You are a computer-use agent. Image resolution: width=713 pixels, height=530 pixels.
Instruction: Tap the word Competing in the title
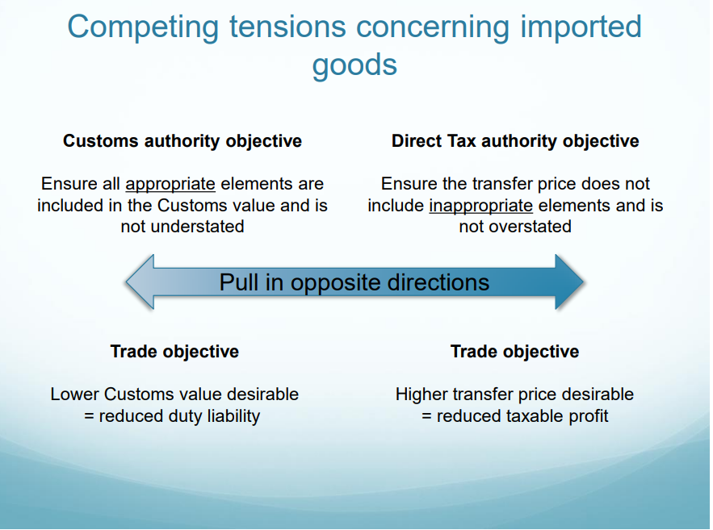pos(143,27)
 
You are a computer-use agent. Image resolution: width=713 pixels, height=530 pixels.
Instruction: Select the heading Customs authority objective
pos(182,141)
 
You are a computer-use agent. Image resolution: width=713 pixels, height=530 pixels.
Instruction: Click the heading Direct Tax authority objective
pos(515,141)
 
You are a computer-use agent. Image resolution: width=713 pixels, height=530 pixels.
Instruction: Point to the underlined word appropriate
pos(170,185)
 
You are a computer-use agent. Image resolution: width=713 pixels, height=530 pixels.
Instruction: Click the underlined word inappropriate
pos(480,207)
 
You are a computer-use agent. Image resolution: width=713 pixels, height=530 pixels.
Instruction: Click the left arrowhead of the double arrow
pos(140,282)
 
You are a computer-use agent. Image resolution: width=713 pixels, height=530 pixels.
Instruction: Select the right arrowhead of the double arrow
pos(569,282)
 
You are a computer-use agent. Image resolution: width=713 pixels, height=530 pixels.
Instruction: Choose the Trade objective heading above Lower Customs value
pos(174,352)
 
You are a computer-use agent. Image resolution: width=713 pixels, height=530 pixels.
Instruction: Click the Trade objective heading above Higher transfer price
pos(514,352)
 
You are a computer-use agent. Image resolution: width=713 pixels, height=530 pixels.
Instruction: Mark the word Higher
pos(422,395)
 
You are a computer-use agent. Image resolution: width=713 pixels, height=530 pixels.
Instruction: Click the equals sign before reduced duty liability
pos(89,416)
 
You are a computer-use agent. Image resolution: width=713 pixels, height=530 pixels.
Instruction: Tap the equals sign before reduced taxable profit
pos(426,416)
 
